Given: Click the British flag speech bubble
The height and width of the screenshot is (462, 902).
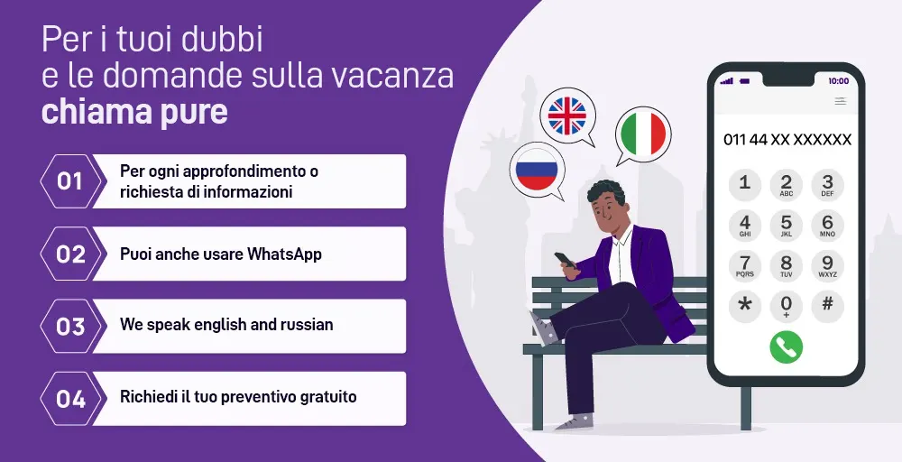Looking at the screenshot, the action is (566, 116).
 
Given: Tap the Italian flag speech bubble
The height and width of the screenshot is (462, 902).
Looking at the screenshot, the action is (642, 135).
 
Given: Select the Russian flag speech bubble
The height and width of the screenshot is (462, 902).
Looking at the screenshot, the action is (537, 171).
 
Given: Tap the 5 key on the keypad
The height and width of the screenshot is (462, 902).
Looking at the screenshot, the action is (786, 225).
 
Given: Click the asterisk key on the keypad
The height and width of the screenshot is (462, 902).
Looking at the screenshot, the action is (745, 306).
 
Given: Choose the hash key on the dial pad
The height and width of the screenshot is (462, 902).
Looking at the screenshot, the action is (827, 306).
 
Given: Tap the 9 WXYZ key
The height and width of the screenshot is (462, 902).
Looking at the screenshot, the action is (827, 265).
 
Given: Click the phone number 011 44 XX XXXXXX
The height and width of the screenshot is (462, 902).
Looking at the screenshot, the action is (787, 140).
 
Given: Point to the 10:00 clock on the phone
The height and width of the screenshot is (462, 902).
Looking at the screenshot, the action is (838, 81).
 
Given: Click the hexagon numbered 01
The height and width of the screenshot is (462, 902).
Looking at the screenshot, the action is (70, 181).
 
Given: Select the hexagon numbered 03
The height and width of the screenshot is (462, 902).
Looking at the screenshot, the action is (70, 327).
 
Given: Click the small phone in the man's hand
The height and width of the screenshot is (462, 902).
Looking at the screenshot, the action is (565, 260).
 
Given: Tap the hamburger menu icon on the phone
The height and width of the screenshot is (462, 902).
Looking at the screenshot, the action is (841, 101).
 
